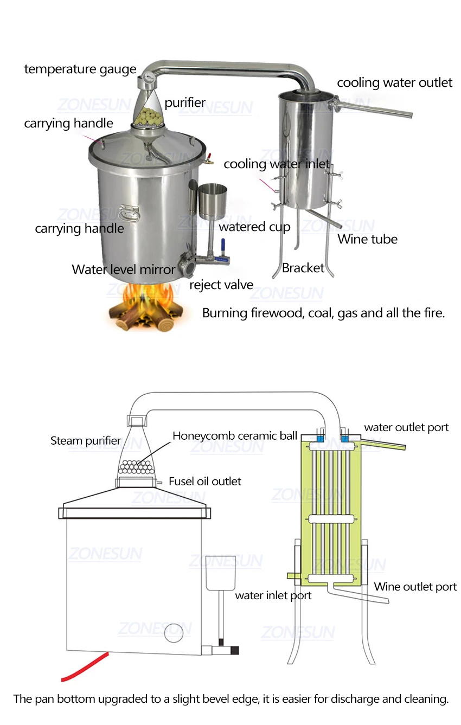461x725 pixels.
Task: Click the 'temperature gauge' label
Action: [x=80, y=69]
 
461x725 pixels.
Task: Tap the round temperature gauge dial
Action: [x=147, y=80]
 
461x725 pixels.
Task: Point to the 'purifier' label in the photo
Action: [x=185, y=102]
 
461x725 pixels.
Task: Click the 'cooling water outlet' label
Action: [x=394, y=82]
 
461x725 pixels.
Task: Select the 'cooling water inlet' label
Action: [x=277, y=164]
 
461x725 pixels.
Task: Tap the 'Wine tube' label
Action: [x=368, y=239]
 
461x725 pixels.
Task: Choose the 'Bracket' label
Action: [x=303, y=267]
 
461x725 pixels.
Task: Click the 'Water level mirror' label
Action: [x=124, y=269]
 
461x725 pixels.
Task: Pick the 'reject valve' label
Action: [x=221, y=285]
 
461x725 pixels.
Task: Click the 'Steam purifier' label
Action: [x=86, y=440]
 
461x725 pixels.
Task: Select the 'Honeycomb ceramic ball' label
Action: [x=235, y=435]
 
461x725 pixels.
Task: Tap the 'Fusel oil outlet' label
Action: [x=205, y=481]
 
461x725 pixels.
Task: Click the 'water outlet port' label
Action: [x=406, y=427]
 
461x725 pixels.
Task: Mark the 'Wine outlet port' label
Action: [x=415, y=586]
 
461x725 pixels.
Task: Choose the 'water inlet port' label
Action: [x=273, y=595]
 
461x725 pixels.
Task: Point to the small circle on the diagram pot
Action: [x=175, y=631]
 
